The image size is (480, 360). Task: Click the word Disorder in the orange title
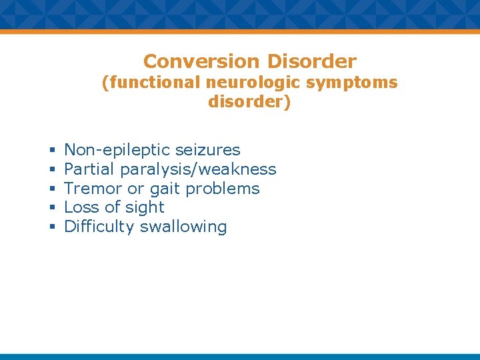(x=311, y=61)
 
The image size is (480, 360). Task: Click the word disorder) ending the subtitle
(x=249, y=103)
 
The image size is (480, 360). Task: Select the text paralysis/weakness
(x=198, y=169)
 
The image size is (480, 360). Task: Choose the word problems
(x=223, y=189)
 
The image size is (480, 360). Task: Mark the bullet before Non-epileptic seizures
(x=51, y=151)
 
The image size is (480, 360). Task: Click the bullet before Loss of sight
(x=51, y=208)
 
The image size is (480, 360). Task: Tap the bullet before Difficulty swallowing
(x=51, y=227)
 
